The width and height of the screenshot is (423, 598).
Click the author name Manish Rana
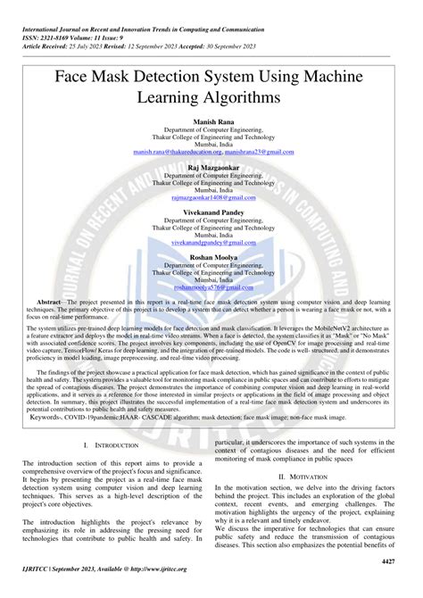pyautogui.click(x=211, y=120)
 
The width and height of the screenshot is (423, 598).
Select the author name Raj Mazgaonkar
pyautogui.click(x=211, y=167)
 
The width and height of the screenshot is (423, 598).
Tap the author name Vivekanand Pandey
pyautogui.click(x=211, y=214)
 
